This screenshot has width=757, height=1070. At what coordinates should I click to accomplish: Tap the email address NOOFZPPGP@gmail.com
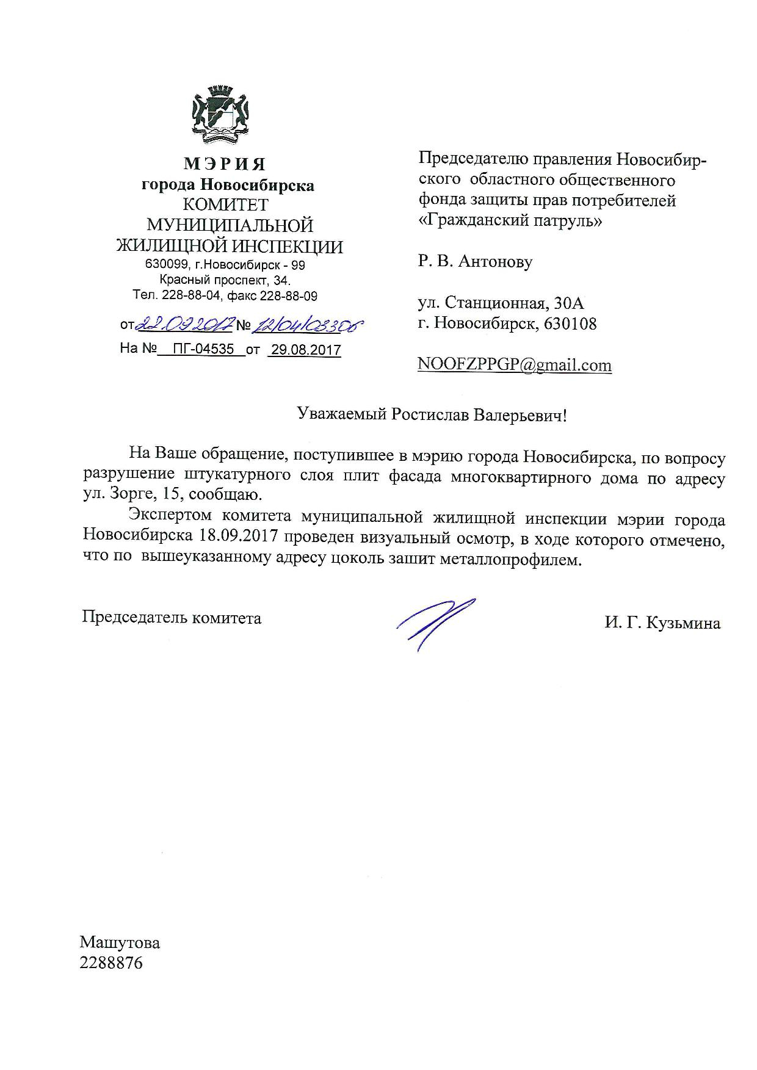point(515,365)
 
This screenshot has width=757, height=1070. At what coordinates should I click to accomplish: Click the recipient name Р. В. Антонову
point(476,262)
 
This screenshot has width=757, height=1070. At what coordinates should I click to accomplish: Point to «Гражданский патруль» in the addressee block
point(510,221)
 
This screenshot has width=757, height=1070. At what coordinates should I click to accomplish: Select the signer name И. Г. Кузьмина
point(662,623)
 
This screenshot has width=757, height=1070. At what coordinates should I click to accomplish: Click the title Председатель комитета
point(172,618)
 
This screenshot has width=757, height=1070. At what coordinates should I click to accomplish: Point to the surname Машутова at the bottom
point(120,942)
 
